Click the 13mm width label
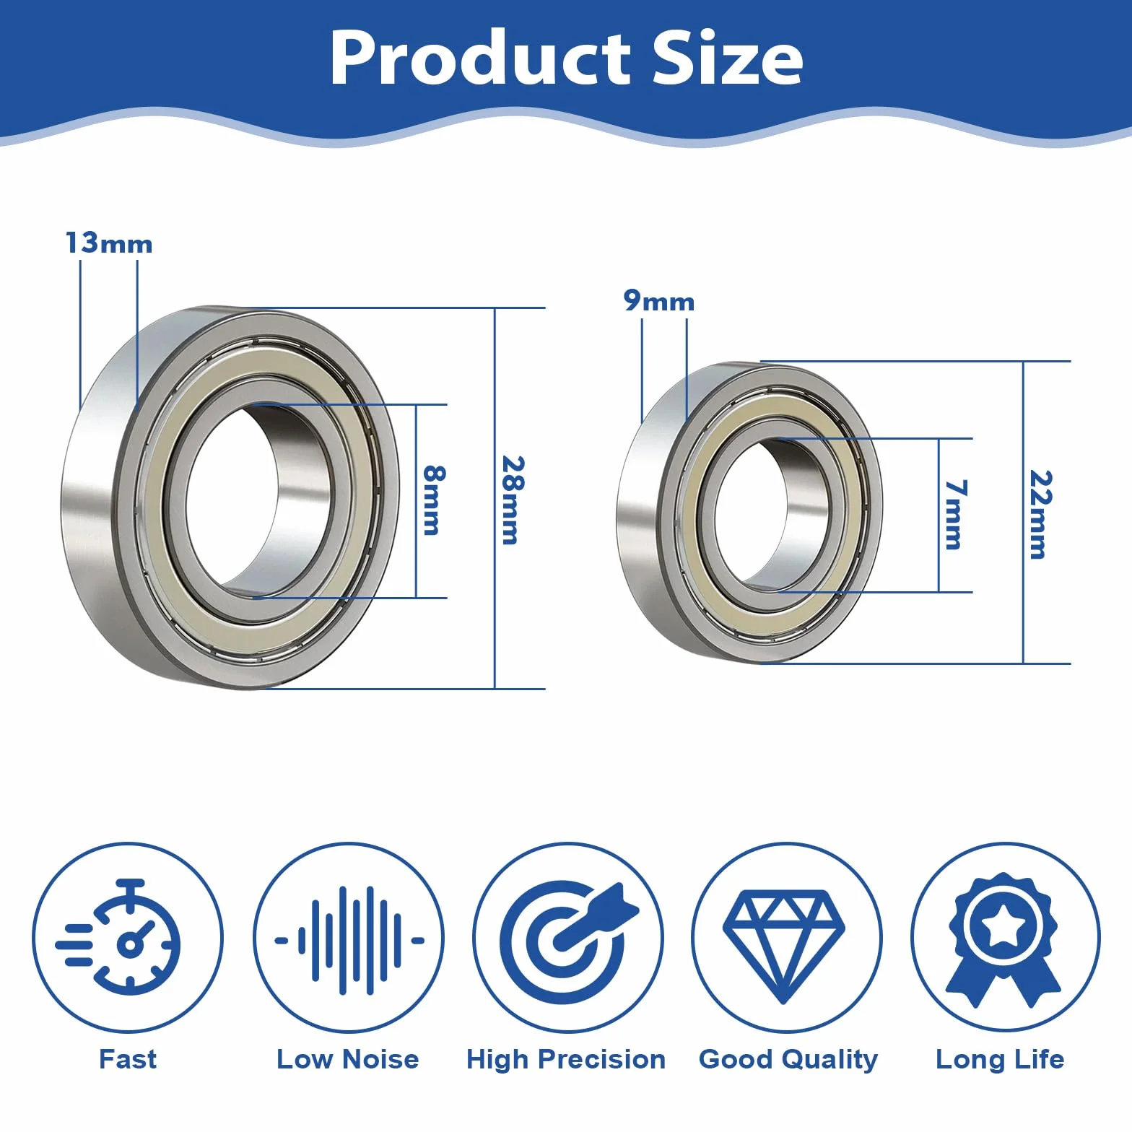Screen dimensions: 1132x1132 pos(109,243)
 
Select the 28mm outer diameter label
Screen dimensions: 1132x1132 pos(512,500)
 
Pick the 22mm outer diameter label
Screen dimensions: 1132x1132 pos(1040,514)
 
